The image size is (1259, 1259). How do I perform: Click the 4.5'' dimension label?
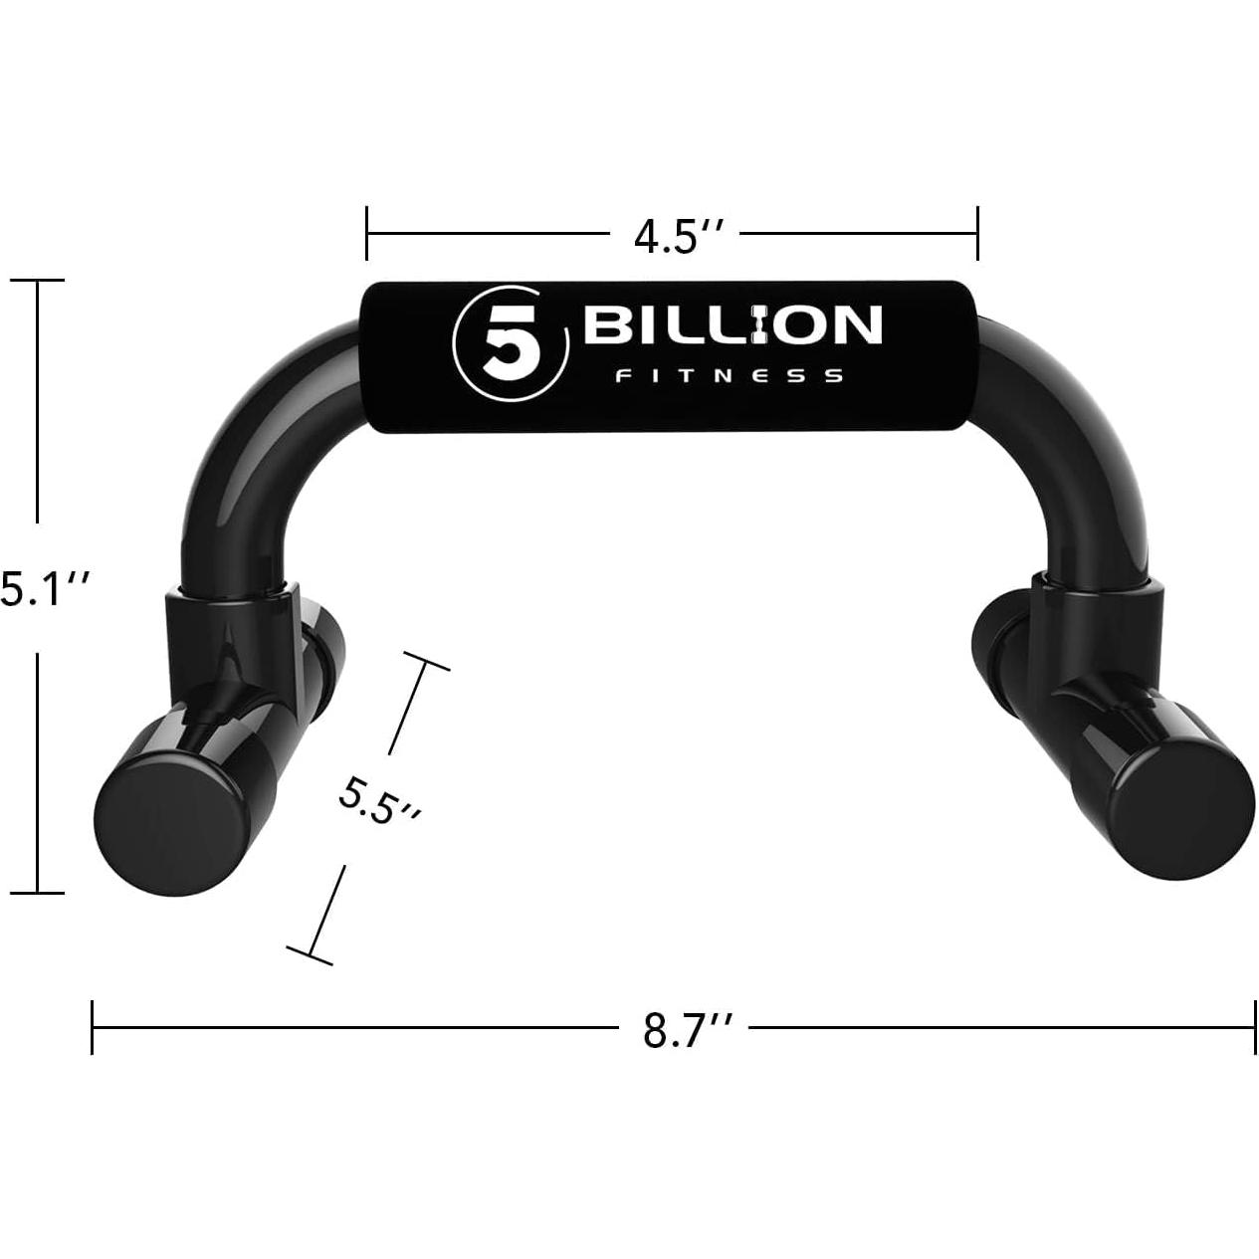672,239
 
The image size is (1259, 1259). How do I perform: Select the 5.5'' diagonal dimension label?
378,802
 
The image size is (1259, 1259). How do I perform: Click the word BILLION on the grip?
733,326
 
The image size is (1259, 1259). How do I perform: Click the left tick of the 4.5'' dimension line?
367,233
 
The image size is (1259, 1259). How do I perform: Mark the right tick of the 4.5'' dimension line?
978,233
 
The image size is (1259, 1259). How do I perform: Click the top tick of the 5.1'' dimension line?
38,281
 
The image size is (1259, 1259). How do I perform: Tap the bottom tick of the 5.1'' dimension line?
38,893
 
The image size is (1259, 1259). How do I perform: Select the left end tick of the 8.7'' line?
92,1027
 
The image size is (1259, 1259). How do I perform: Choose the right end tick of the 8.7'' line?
1253,1027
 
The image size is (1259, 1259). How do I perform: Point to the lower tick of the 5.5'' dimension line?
310,955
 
